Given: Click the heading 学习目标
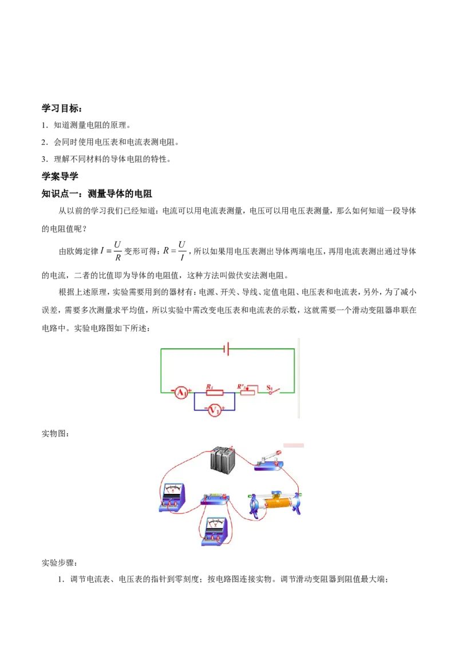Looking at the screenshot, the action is click(62, 108).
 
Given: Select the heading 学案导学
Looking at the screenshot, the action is click(60, 176).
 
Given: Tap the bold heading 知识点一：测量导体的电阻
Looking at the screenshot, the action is click(97, 193).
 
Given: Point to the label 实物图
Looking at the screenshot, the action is click(56, 433).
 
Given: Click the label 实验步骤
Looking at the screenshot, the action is click(60, 563).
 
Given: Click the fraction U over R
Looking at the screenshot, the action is click(118, 251).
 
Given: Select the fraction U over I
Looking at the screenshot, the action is click(182, 251).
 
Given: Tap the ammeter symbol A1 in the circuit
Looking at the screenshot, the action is click(181, 392).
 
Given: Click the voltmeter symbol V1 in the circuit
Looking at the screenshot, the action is click(214, 410).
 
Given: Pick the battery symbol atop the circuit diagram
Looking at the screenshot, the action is click(226, 349).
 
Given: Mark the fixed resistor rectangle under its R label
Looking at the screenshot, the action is click(215, 393).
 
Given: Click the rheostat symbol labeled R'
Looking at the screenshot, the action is click(247, 390).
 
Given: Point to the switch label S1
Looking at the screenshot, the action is click(270, 387).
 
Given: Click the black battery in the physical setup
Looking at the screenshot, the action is click(223, 460).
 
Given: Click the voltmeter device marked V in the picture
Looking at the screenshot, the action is click(215, 531).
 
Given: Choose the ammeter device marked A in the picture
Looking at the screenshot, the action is click(172, 498).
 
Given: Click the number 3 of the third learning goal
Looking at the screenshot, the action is click(44, 159).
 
